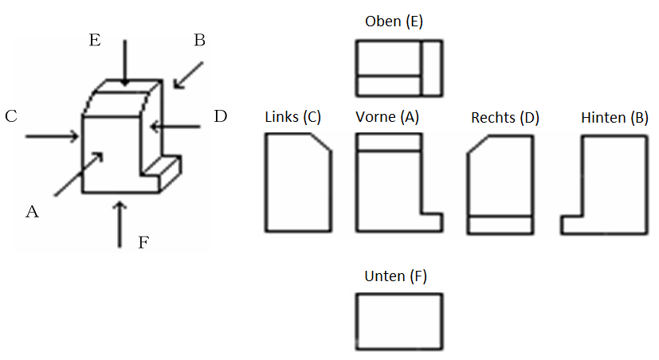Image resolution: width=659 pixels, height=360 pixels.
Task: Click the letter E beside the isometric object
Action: tap(95, 40)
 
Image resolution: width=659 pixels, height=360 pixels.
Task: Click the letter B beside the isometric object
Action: tap(200, 40)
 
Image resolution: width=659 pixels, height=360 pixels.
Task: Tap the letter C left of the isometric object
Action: tap(11, 116)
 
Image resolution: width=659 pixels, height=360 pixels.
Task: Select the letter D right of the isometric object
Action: tap(221, 116)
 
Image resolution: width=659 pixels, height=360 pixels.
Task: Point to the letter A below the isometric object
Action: tap(33, 211)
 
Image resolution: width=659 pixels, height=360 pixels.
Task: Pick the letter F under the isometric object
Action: tap(143, 242)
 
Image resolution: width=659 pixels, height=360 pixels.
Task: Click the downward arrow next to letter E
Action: tap(124, 63)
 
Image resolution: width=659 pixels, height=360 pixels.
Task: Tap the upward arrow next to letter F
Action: tap(120, 225)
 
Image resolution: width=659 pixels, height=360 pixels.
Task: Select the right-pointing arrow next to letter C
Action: tap(52, 136)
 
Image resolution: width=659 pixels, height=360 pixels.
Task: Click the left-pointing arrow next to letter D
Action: tap(175, 126)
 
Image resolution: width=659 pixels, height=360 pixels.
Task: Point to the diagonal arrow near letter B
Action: tap(189, 75)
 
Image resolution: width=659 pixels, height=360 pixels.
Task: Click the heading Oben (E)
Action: tap(394, 21)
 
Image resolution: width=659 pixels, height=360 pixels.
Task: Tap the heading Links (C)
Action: tap(293, 117)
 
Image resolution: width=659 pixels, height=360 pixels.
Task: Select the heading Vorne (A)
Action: tap(387, 117)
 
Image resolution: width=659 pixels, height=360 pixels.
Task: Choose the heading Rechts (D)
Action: tap(505, 118)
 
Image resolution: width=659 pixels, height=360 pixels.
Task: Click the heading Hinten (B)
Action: tap(614, 118)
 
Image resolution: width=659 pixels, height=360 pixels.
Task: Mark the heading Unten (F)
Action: tap(395, 276)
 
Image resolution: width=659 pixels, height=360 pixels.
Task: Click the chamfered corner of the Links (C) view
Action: tap(321, 142)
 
